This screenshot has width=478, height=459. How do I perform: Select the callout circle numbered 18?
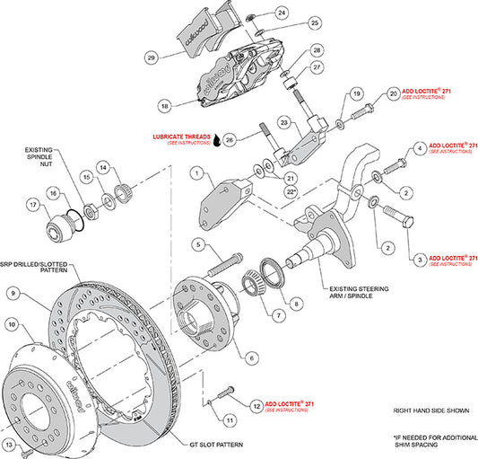pos(164,105)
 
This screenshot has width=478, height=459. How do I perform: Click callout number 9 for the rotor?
pos(13,292)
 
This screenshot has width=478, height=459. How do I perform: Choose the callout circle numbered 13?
pos(10,444)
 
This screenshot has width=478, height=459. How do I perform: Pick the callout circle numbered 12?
pos(257,405)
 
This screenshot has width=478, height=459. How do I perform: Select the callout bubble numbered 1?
pos(196,172)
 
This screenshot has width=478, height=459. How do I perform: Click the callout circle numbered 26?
pos(230,139)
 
